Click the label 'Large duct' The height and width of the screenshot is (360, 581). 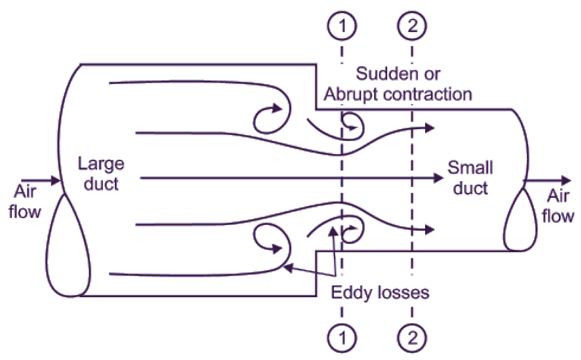(101, 174)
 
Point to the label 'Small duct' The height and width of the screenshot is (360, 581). (470, 177)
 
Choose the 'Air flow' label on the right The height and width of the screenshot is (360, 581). (558, 205)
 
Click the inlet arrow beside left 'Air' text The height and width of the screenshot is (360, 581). (45, 181)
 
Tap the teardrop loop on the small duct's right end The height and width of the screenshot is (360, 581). (522, 220)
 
